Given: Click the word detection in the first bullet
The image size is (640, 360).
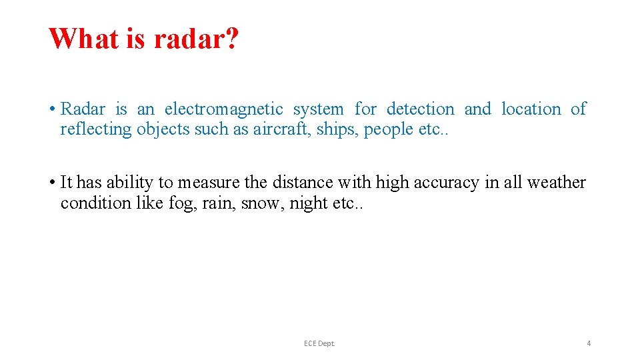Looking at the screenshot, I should pos(420,109).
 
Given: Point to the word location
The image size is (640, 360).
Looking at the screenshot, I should pos(531,109).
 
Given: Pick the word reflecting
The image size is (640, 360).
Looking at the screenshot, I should pos(96,129).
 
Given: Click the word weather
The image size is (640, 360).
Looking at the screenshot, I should pos(556,183).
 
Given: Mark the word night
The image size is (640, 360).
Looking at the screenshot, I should pos(309,203).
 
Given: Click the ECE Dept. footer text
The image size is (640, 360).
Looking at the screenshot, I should pos(319,343).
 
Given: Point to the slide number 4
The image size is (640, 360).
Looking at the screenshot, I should pos(589,343).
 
